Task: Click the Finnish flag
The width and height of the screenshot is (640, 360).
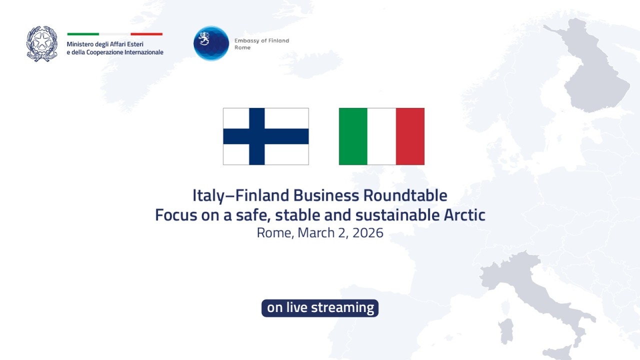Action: pos(265,136)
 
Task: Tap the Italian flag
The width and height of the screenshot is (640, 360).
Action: pos(381,136)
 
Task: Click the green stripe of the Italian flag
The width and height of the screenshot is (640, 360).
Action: pos(353,136)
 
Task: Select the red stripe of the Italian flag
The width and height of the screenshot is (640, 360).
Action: pos(410,136)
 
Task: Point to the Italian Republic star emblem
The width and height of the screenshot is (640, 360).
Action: pos(42,43)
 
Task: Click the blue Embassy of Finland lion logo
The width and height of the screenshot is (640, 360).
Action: pos(211,43)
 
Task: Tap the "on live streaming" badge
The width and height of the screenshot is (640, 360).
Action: pos(320,307)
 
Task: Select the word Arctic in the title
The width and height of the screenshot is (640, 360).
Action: pos(464,215)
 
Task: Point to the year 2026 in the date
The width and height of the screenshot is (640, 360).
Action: pos(368,232)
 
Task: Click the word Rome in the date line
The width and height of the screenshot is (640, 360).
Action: pos(274,232)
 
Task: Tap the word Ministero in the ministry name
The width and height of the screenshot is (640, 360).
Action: pos(80,44)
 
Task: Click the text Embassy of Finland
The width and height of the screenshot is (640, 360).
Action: pos(261,41)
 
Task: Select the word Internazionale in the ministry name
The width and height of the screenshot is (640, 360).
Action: pos(142,52)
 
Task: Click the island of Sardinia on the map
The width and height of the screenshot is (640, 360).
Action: pos(506,331)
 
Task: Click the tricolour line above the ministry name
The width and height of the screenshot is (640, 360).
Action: pos(115,34)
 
